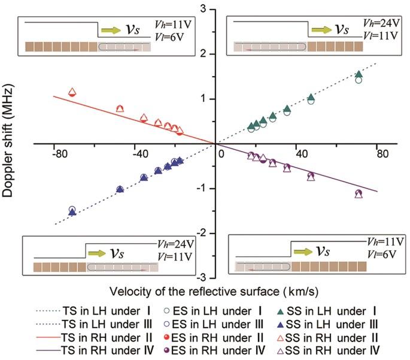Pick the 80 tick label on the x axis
point(376,154)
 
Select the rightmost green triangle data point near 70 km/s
point(359,74)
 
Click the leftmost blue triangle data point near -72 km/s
point(72,212)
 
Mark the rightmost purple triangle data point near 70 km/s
point(359,194)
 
